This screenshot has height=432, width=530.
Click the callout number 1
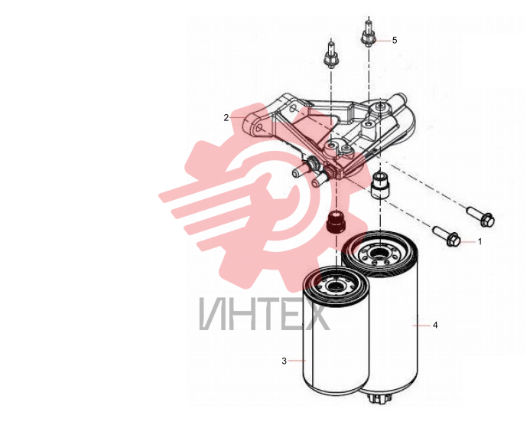tap(480, 242)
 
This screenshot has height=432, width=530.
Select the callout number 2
tap(226, 117)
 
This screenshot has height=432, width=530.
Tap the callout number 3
tap(284, 361)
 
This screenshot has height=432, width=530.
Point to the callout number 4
tap(435, 325)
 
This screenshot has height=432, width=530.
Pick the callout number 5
tap(395, 41)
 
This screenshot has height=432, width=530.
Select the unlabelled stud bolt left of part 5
tap(331, 55)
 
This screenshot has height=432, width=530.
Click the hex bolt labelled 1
tap(447, 236)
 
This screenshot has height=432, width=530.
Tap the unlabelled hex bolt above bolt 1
tap(480, 216)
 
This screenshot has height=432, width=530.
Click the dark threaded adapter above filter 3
tap(336, 221)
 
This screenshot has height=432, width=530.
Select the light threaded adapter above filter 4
tap(381, 185)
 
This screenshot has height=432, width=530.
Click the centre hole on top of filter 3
tap(336, 286)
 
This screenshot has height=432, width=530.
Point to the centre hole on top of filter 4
tap(379, 253)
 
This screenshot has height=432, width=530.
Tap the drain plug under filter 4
tap(381, 398)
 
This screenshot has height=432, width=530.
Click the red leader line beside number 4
tap(422, 325)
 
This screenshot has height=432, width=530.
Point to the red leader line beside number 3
tap(297, 361)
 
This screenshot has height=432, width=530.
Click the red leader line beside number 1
tap(467, 242)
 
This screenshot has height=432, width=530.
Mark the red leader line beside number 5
tap(382, 41)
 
